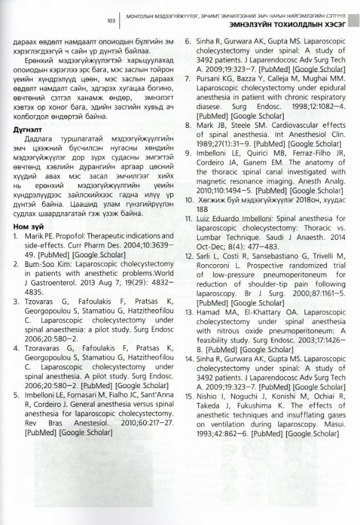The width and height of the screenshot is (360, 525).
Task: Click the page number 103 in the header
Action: point(111,21)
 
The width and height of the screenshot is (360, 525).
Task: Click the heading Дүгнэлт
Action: point(28,130)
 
